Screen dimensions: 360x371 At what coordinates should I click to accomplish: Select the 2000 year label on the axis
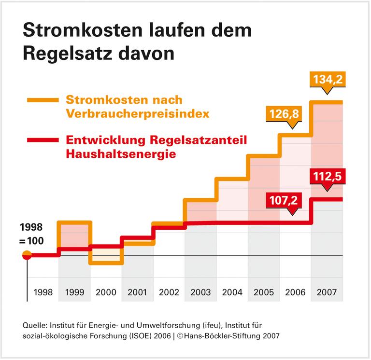point(105,292)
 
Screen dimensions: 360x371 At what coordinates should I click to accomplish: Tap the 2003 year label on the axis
point(200,292)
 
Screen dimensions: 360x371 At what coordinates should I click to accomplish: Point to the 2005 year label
point(264,292)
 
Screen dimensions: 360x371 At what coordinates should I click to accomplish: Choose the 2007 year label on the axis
point(327,292)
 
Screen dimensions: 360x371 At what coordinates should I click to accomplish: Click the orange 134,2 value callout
point(327,80)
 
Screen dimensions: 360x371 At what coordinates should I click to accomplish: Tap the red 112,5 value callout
point(327,177)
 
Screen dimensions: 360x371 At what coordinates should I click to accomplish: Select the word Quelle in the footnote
point(36,324)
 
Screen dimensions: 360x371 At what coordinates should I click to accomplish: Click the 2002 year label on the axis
point(169,292)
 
